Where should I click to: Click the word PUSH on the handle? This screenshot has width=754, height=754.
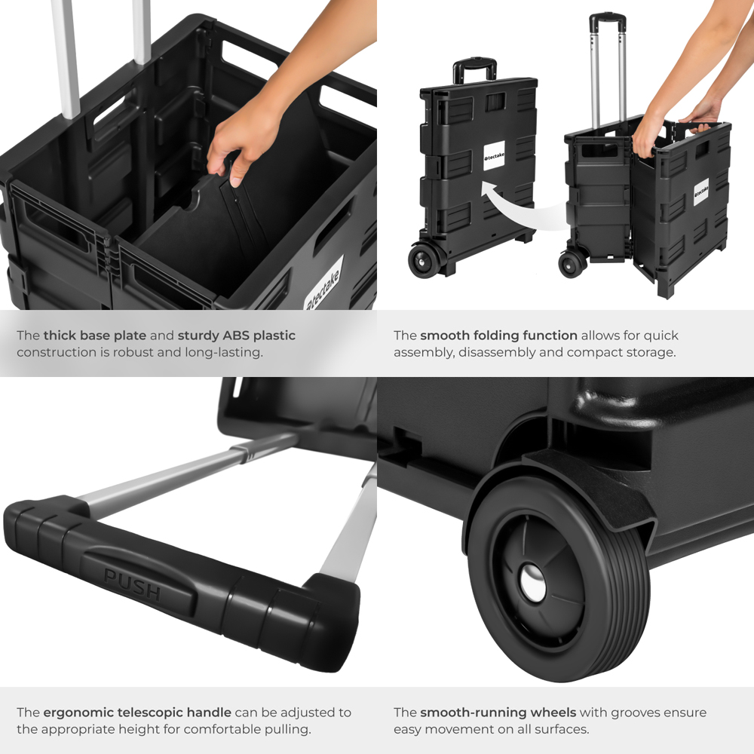pyautogui.click(x=132, y=584)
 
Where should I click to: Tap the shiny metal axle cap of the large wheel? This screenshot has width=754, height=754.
pyautogui.click(x=533, y=583)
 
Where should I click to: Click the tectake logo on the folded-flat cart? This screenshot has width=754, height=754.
pyautogui.click(x=494, y=156)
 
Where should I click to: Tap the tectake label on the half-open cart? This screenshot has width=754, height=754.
pyautogui.click(x=701, y=192)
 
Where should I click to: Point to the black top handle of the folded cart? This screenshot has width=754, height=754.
pyautogui.click(x=474, y=69)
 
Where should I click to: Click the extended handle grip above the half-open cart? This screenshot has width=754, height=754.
pyautogui.click(x=608, y=20)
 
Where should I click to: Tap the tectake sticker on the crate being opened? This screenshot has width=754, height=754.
pyautogui.click(x=323, y=284)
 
